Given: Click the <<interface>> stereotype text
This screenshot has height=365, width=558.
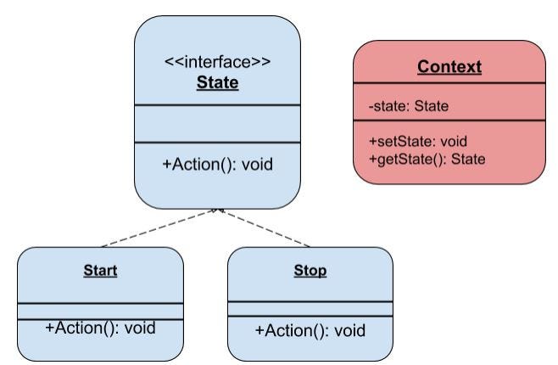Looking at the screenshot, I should (x=218, y=62).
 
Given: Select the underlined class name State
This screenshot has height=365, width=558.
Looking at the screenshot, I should (x=218, y=83).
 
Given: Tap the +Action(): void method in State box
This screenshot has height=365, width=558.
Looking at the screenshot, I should (x=218, y=164).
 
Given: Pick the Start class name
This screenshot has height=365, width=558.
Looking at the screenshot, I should (x=100, y=271).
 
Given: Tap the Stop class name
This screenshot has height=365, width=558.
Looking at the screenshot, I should (x=310, y=271).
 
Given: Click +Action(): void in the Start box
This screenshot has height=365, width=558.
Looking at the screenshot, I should (x=100, y=328).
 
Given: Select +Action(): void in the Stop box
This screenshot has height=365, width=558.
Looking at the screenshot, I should (x=310, y=329).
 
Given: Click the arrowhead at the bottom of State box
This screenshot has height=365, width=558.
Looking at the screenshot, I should (x=219, y=211).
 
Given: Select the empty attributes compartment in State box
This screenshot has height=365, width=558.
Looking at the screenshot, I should (x=218, y=123).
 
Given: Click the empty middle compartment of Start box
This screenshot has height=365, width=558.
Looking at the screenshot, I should (x=100, y=310).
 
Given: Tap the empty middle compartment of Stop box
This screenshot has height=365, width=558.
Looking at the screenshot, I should (x=310, y=308).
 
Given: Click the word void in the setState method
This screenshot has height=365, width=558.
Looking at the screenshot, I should (x=454, y=141).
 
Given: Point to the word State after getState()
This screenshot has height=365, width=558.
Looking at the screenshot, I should (x=468, y=159).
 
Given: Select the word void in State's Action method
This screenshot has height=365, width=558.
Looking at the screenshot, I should (x=255, y=164).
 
